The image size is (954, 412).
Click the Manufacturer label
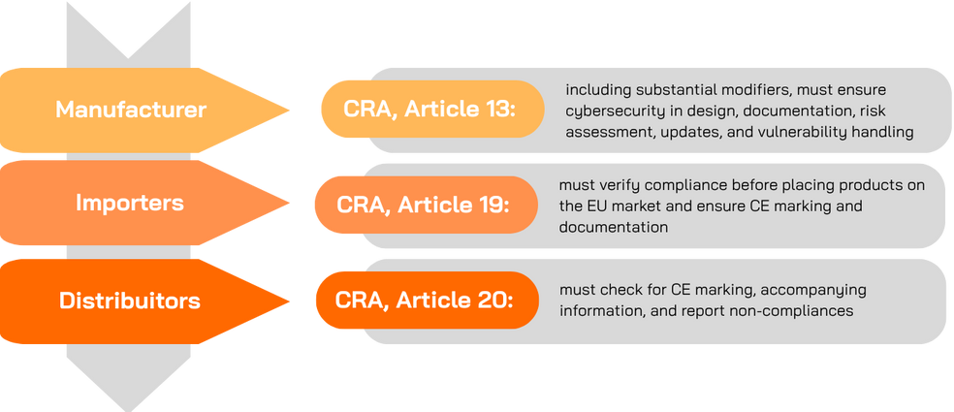(131, 110)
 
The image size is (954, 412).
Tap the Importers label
(130, 203)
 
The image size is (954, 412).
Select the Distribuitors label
(130, 301)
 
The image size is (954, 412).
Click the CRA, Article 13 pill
(430, 109)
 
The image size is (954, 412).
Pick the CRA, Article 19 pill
(425, 205)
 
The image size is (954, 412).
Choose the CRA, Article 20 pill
(425, 300)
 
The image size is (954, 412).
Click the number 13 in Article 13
(493, 109)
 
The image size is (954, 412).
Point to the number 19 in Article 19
(488, 205)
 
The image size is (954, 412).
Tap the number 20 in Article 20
(487, 300)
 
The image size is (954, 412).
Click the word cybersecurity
(615, 111)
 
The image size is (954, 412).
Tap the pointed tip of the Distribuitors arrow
(289, 300)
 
